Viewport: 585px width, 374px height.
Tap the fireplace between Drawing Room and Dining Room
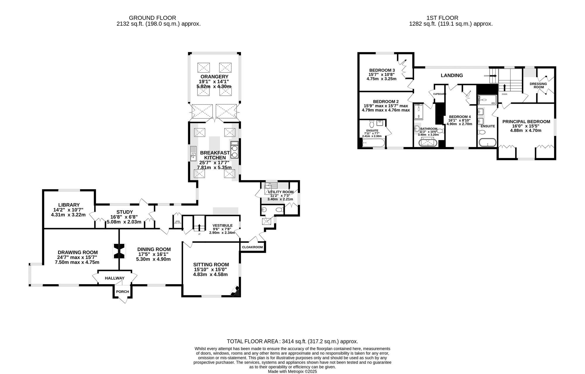(119, 251)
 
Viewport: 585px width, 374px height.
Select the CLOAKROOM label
(252, 247)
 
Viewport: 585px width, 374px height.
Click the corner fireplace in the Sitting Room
(236, 291)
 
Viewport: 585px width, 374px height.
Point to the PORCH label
(122, 292)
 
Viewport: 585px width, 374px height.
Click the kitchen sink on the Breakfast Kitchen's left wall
(193, 154)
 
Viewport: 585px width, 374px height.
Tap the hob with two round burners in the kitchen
(234, 150)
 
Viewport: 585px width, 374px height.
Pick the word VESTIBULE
(222, 225)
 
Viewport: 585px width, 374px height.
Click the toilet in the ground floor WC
(279, 210)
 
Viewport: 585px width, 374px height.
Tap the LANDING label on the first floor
(452, 75)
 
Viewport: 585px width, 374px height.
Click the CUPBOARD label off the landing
(439, 94)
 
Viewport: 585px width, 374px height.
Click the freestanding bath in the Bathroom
(428, 143)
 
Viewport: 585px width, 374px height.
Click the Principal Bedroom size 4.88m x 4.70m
(526, 130)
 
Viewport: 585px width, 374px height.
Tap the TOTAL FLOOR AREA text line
(292, 341)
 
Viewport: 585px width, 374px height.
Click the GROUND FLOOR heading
(152, 18)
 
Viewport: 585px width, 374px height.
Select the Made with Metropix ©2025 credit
(292, 371)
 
